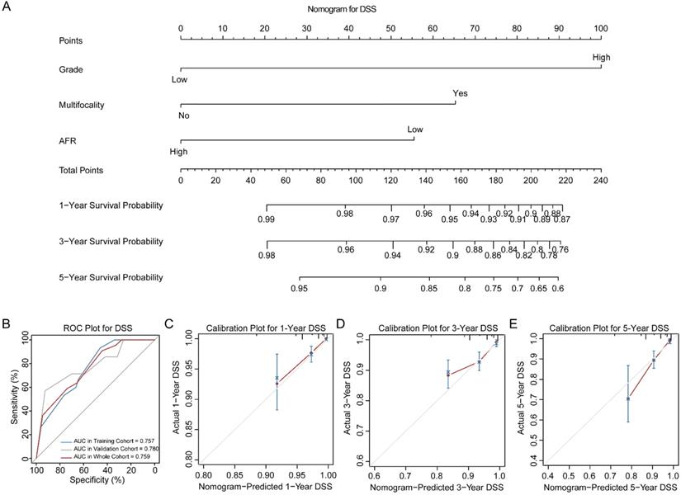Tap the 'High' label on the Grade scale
tap(600, 57)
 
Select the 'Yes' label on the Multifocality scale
tap(461, 94)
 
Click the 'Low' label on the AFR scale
tap(414, 130)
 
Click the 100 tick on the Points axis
tap(600, 29)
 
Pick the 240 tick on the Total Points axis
tap(600, 181)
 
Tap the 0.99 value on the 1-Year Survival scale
tap(267, 219)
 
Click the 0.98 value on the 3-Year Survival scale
tap(267, 256)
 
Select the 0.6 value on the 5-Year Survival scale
tap(558, 290)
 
